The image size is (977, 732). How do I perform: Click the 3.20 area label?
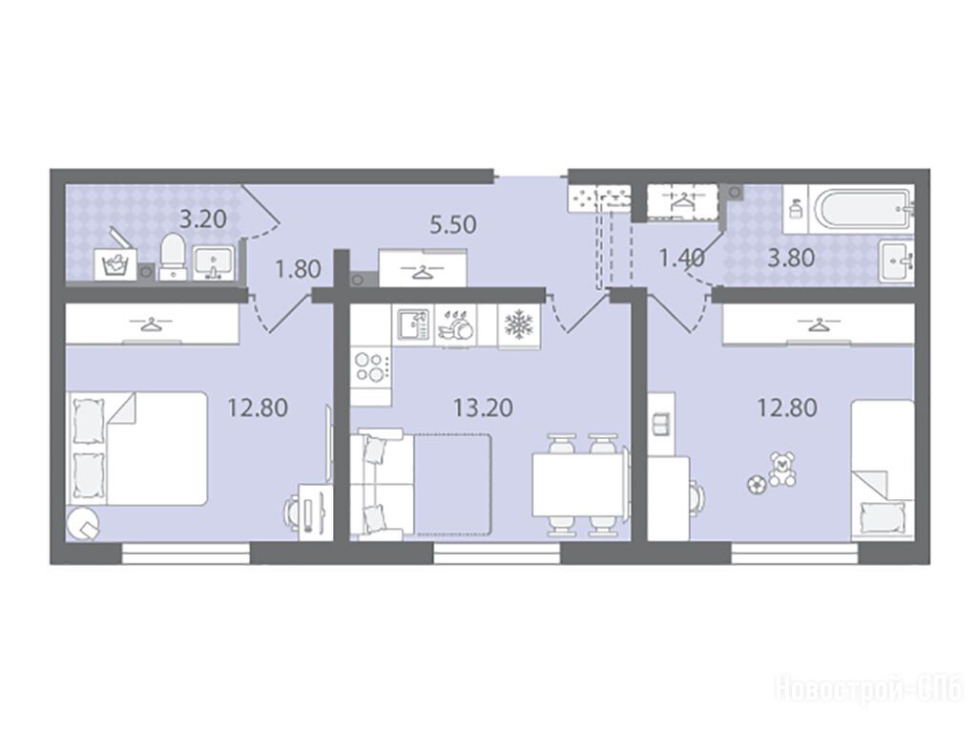click(202, 220)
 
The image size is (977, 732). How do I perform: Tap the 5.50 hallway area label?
click(453, 224)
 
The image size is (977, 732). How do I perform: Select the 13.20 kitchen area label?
click(483, 408)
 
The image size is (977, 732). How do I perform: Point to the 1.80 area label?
click(298, 269)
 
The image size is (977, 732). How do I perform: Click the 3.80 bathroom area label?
click(791, 258)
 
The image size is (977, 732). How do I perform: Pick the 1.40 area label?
click(682, 257)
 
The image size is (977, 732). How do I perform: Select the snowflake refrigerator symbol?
click(518, 324)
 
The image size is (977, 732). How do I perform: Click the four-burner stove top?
click(371, 367)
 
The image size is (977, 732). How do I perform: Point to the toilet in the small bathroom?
click(173, 257)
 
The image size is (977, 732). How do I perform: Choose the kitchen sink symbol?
click(414, 324)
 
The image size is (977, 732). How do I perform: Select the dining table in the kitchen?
click(580, 485)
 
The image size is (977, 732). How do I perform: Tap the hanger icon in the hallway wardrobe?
click(423, 271)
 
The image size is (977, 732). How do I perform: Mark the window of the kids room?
click(794, 553)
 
